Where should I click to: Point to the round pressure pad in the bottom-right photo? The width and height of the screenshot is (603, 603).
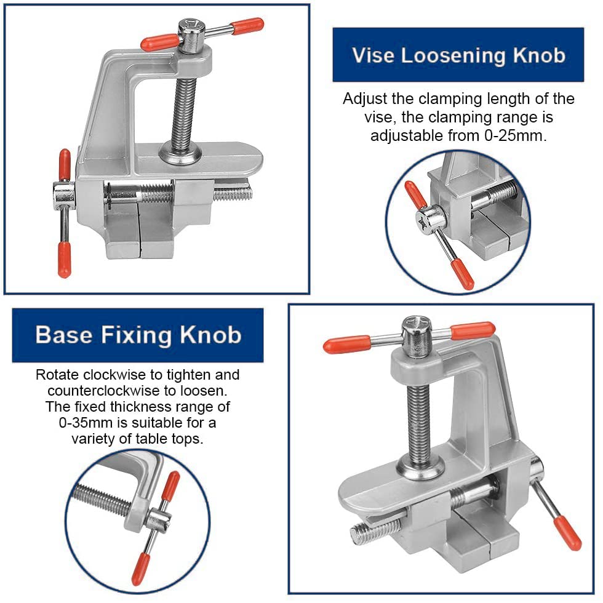coord(421,467)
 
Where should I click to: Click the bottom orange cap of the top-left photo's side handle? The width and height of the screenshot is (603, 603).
coord(64,259)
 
